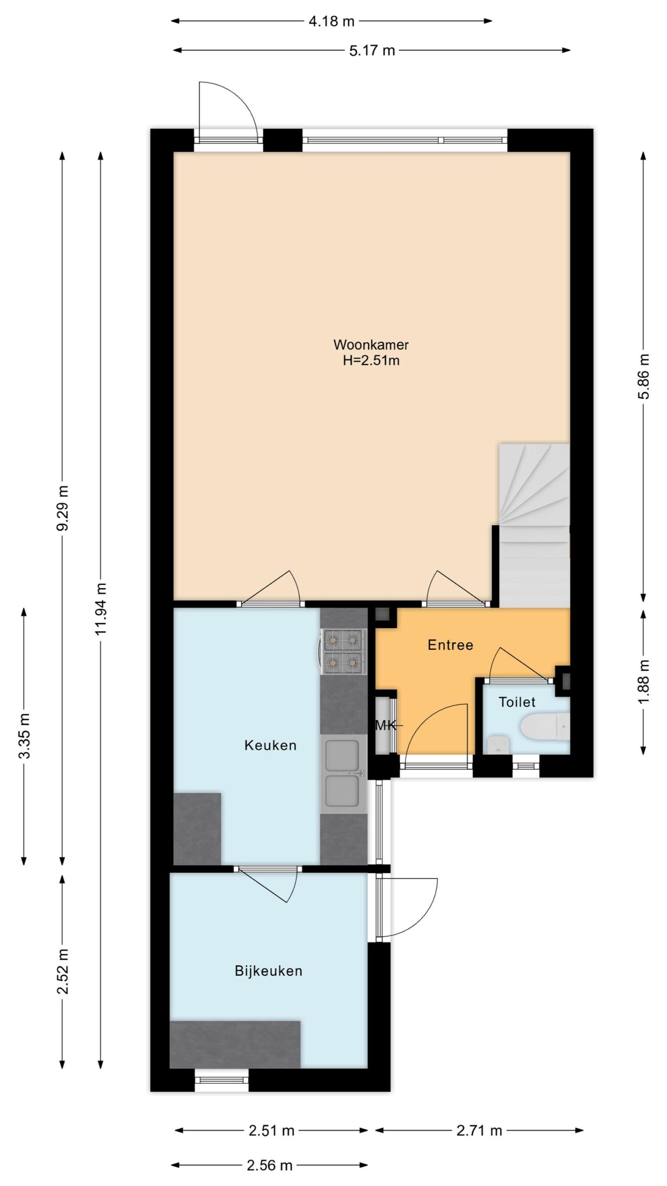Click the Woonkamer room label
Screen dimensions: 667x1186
371,345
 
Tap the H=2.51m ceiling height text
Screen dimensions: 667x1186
371,360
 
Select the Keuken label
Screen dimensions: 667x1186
270,745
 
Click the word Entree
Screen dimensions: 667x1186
450,645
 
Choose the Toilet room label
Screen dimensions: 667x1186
517,702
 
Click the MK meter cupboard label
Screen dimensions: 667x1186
385,725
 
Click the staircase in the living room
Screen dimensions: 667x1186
534,525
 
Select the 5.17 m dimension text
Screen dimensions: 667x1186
372,50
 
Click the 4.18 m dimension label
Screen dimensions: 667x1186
331,21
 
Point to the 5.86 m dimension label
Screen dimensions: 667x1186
644,376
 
